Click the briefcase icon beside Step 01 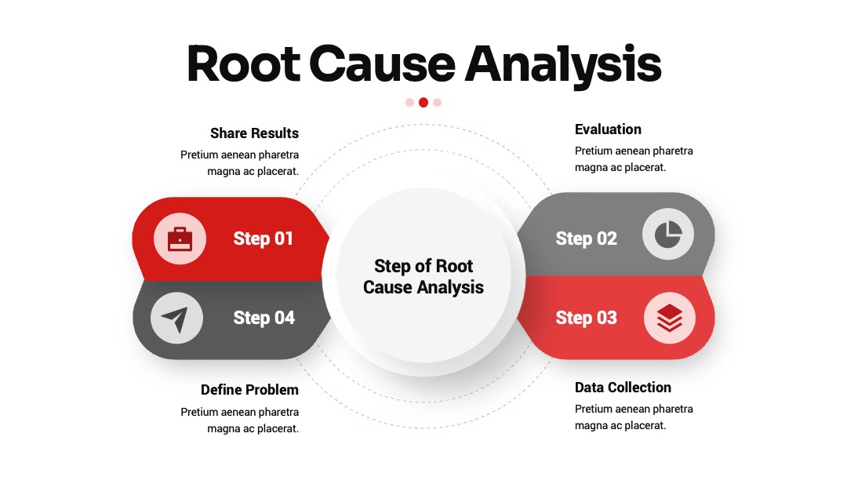(180, 239)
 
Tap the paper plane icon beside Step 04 (175, 319)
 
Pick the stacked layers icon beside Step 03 (669, 317)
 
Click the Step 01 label (263, 238)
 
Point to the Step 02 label (586, 238)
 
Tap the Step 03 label (586, 319)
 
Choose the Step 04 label (264, 319)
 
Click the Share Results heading (254, 133)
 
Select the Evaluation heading (608, 129)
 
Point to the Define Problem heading (249, 390)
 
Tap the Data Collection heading (623, 388)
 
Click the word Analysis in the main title (563, 65)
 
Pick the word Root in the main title (244, 64)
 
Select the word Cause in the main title (383, 64)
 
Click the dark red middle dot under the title (423, 103)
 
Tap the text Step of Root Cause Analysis (423, 277)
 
